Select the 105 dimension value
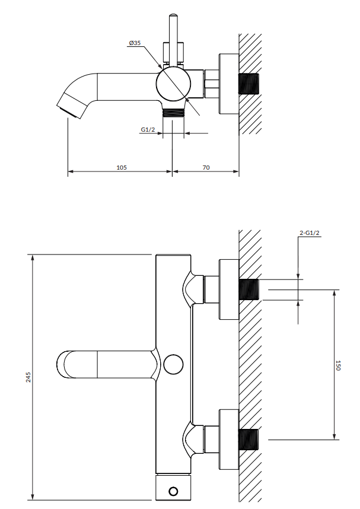122,168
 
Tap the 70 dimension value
206,168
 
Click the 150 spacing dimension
338,365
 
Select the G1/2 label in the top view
148,129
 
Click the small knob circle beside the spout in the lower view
173,364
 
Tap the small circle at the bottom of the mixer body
173,491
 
